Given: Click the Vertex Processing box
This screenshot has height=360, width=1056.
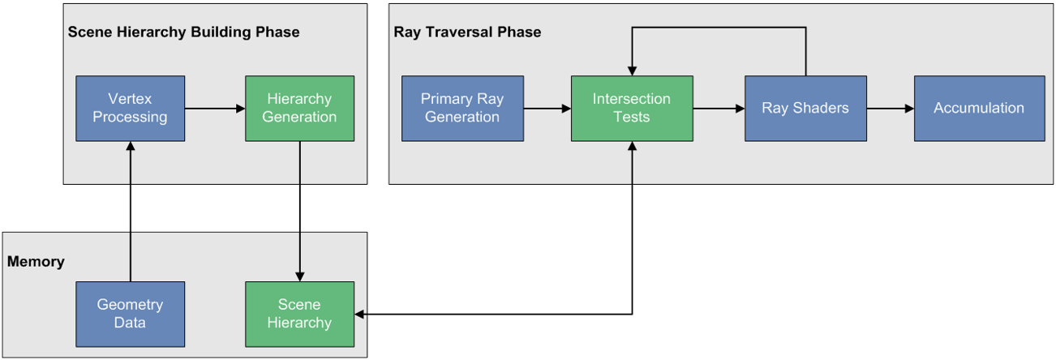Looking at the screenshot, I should point(130,108).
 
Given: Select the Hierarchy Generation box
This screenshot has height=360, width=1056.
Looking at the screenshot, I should point(299,108).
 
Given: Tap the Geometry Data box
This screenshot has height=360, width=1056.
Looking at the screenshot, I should point(130,314).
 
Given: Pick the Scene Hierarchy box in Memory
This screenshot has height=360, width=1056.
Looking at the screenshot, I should point(299,314).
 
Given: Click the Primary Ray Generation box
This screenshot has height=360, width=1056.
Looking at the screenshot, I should point(462,108).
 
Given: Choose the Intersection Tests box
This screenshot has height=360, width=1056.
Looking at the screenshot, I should point(632,108).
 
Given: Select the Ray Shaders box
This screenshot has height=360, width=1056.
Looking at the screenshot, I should point(805,108).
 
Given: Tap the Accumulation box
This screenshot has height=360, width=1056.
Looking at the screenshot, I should point(979,108).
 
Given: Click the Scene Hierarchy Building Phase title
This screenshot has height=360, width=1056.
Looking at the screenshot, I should point(183,32).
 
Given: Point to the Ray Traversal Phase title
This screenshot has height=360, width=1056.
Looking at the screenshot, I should point(467,32).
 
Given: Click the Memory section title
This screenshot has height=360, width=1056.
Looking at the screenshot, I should point(36,262).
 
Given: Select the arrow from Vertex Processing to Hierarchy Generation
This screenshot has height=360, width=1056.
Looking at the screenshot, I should point(215,108).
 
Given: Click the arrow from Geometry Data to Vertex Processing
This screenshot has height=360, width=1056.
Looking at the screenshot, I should point(130,211).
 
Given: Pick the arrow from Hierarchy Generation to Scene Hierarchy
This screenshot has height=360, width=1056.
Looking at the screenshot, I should point(299,211).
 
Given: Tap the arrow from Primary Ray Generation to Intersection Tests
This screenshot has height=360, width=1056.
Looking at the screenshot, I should point(547,108).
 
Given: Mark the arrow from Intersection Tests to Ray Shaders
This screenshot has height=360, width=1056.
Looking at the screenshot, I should point(719,108).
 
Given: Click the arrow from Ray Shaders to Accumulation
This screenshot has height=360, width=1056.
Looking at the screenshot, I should point(890,108).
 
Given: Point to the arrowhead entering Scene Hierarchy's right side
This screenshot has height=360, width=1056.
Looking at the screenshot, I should point(360,314).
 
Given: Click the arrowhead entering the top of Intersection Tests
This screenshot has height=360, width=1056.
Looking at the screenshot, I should point(632,71).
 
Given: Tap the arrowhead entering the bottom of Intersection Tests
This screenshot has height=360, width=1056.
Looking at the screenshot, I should point(632,147).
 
